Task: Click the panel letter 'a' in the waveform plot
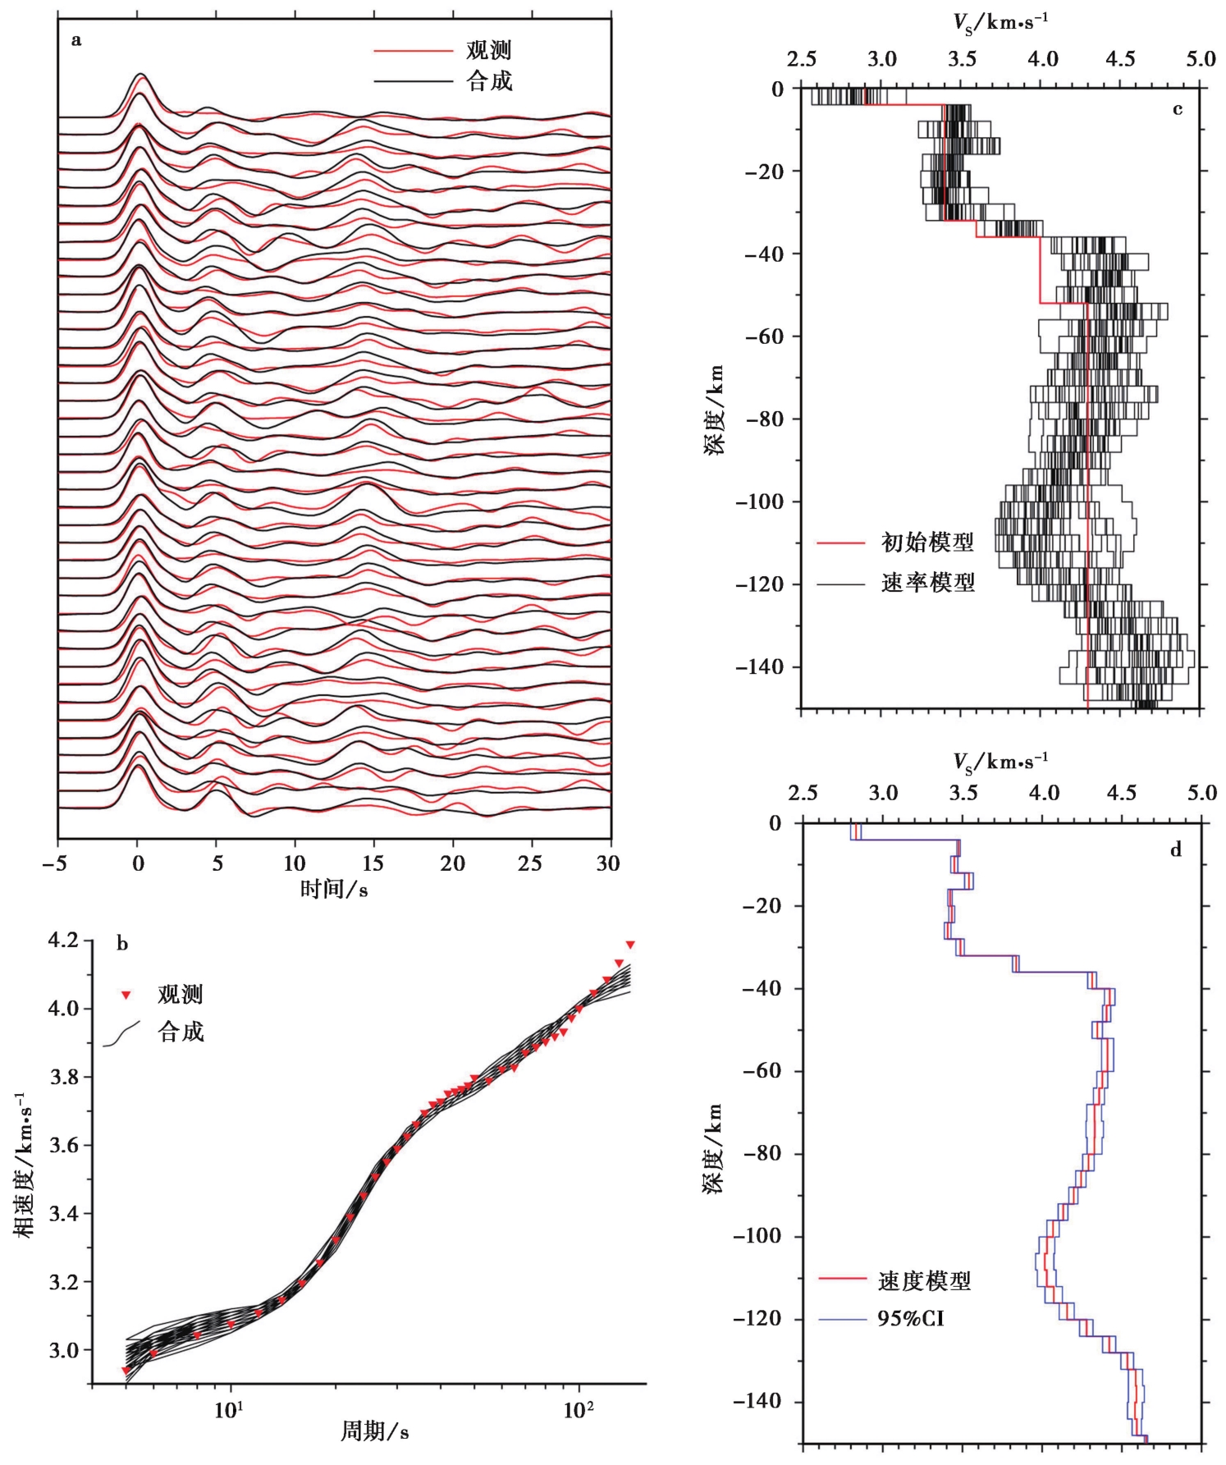click(x=76, y=40)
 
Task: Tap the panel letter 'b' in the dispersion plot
click(x=122, y=944)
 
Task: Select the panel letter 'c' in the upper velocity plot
click(x=1178, y=109)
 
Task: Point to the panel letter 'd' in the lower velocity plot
click(x=1176, y=849)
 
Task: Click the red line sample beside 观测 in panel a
click(x=413, y=51)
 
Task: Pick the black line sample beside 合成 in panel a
click(x=413, y=81)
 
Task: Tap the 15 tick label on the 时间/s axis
click(x=373, y=863)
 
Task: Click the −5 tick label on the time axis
click(x=57, y=863)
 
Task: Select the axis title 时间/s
click(x=334, y=889)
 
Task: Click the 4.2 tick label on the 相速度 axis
click(x=64, y=940)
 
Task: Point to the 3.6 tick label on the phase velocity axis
click(x=64, y=1145)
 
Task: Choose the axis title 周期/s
click(x=374, y=1431)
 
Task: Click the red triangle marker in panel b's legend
click(x=126, y=996)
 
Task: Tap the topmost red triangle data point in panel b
click(x=630, y=945)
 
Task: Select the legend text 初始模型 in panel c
click(x=927, y=543)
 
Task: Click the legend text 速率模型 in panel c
click(x=927, y=584)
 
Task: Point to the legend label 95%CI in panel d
click(x=911, y=1319)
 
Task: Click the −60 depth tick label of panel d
click(x=764, y=1071)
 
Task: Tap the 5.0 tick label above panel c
click(x=1201, y=59)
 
